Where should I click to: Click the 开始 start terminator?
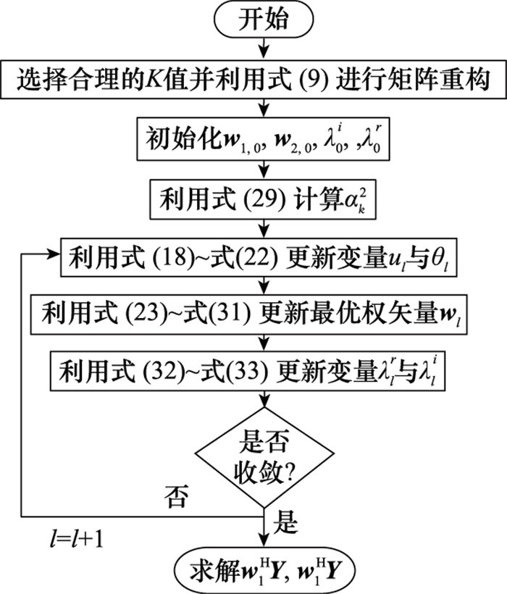(263, 21)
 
